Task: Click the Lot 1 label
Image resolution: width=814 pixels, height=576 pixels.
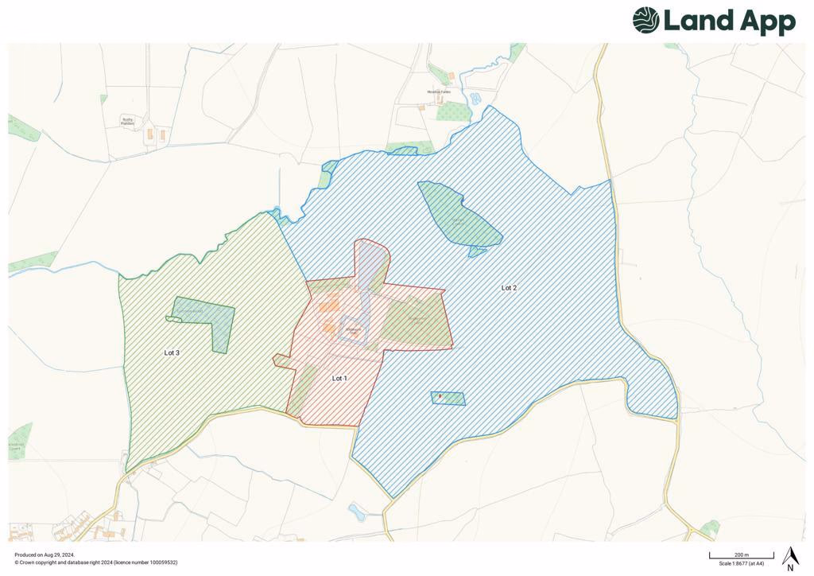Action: click(x=339, y=379)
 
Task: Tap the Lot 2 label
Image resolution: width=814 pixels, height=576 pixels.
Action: click(x=509, y=288)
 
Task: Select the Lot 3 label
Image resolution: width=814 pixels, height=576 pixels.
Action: click(x=172, y=352)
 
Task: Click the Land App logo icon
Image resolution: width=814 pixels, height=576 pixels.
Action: click(x=645, y=21)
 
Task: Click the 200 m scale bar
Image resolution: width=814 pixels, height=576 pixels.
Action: click(x=741, y=556)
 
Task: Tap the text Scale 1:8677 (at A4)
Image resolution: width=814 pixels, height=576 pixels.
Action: click(x=742, y=563)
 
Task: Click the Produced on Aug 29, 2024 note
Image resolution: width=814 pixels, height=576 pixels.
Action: click(x=45, y=555)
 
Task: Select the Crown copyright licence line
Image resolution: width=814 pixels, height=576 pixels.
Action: click(x=95, y=562)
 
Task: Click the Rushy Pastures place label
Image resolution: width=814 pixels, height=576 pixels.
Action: click(x=128, y=122)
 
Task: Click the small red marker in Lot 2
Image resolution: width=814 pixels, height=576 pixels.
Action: click(x=440, y=395)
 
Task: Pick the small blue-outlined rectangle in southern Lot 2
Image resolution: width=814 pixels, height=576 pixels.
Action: click(x=448, y=399)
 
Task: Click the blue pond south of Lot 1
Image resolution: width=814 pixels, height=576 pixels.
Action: click(x=357, y=511)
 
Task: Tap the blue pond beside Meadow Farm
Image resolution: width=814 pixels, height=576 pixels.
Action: click(x=475, y=99)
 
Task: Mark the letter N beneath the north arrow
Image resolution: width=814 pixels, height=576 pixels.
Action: click(x=790, y=568)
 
